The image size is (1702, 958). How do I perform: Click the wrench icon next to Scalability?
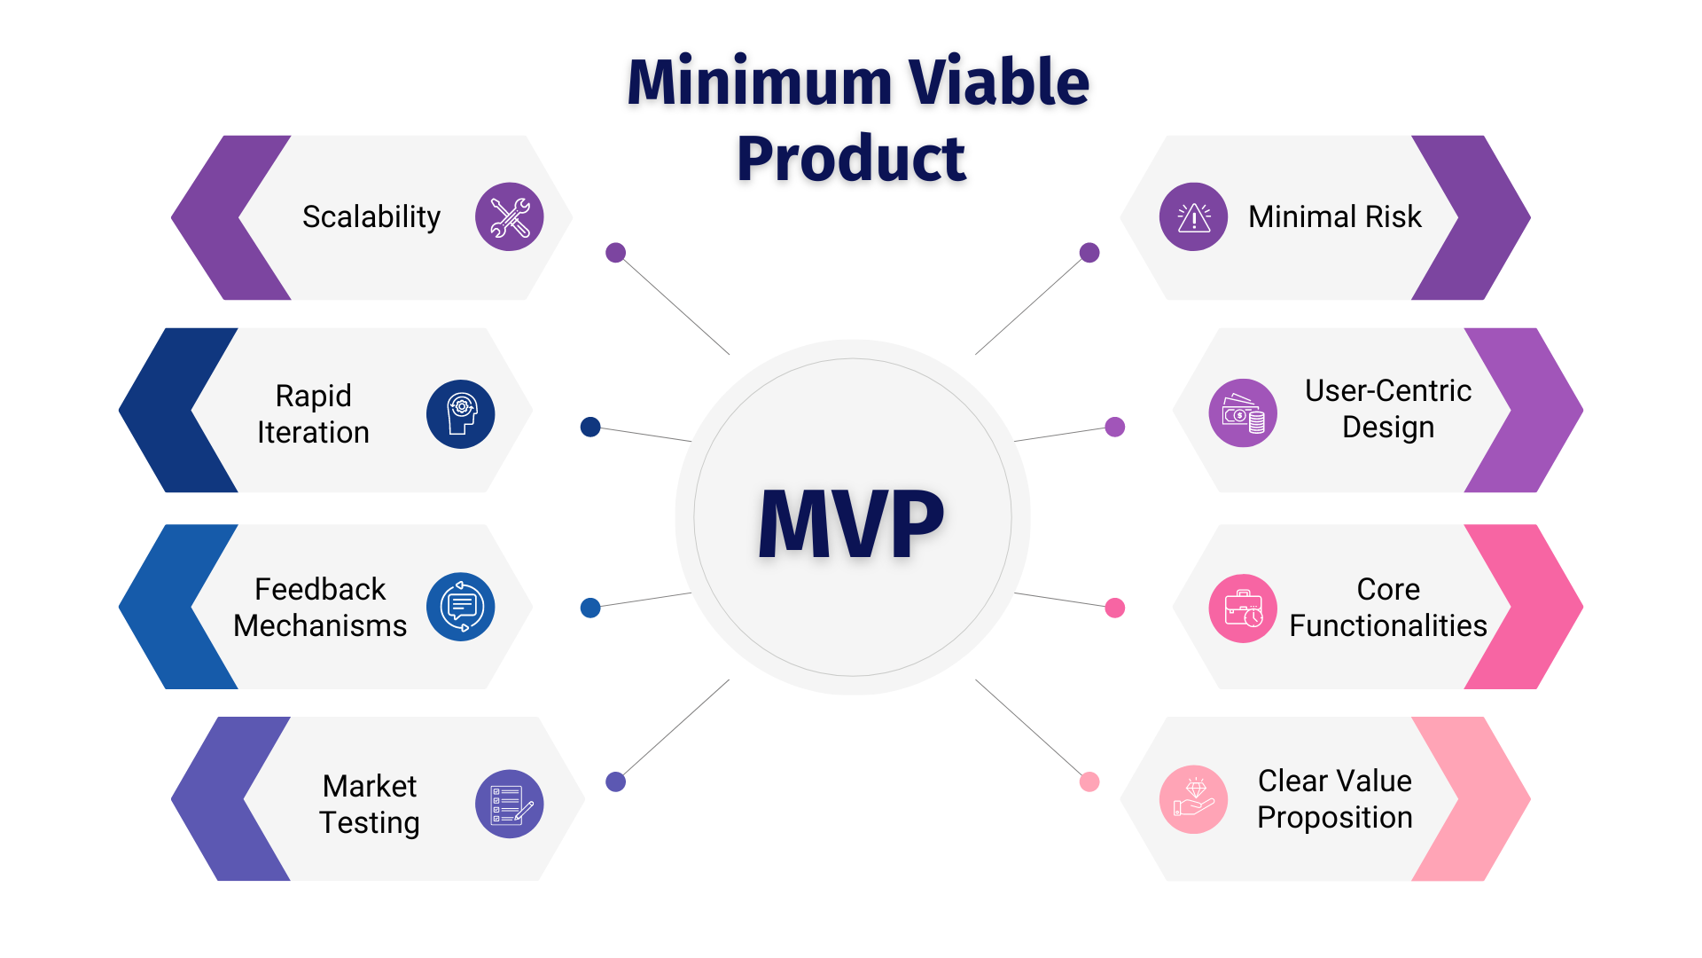point(510,216)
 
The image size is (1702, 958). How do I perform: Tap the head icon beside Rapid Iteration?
point(461,414)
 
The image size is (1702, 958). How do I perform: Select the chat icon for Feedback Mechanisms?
point(461,607)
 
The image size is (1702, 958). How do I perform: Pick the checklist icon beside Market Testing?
point(510,804)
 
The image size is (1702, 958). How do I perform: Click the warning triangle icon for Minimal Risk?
point(1193,216)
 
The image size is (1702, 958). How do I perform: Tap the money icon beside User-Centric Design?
point(1243,413)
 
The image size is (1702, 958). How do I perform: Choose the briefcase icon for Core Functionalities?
point(1243,609)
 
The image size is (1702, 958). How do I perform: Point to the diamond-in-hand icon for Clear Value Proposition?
point(1193,799)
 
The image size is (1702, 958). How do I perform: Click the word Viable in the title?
point(998,82)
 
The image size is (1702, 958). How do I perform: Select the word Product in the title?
point(851,159)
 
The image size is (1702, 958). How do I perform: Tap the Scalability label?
point(371,216)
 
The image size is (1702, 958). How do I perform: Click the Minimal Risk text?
point(1334,216)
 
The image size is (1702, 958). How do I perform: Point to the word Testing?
point(369,822)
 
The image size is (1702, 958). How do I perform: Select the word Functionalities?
point(1387,625)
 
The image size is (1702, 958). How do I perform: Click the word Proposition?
point(1334,817)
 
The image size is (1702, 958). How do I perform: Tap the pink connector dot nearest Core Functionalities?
point(1115,608)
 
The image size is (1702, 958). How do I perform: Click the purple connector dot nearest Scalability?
point(616,253)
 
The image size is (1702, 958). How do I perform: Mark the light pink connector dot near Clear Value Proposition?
point(1089,781)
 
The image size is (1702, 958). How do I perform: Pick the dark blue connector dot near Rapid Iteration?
point(590,427)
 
